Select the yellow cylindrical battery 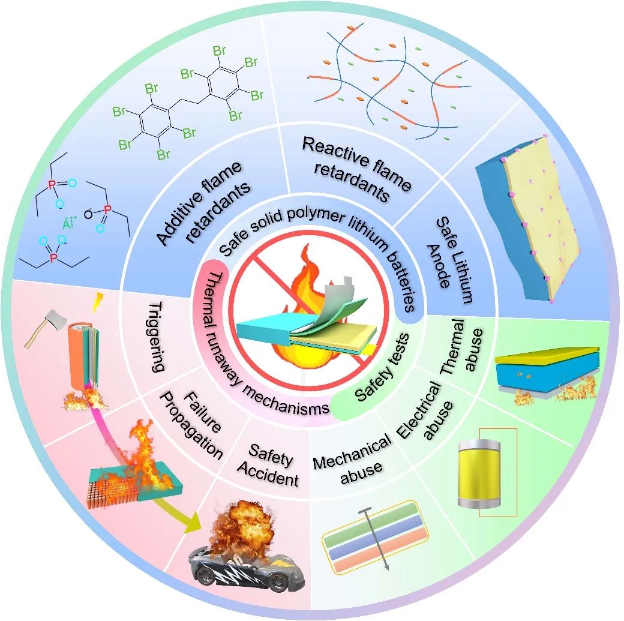479,475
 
